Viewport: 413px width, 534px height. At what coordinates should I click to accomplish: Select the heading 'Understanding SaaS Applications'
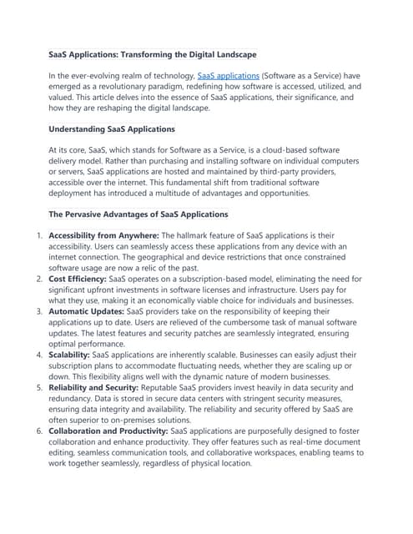pos(112,129)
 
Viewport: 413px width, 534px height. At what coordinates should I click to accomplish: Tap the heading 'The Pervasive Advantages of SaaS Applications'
pos(138,214)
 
